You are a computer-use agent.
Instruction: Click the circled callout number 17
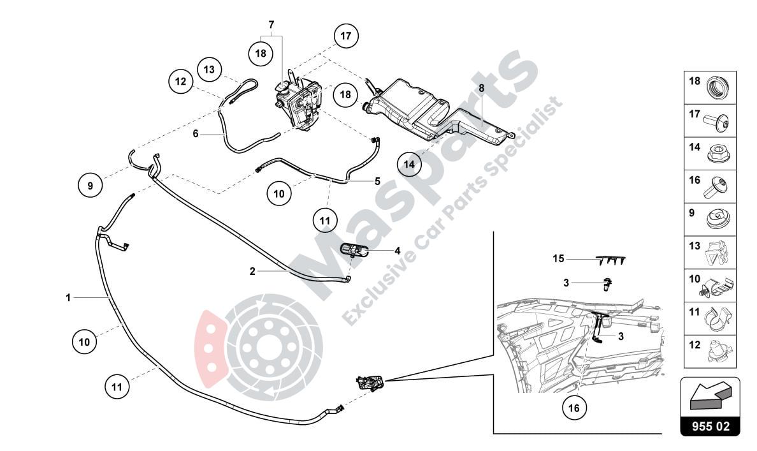tap(345, 36)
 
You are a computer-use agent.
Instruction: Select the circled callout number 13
tap(209, 68)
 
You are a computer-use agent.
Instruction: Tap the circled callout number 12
tap(181, 82)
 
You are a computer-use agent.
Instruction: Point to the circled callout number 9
tap(90, 186)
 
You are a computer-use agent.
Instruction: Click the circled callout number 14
tap(409, 164)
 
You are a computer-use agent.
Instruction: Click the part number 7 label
tap(271, 25)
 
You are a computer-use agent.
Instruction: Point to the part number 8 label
tap(482, 87)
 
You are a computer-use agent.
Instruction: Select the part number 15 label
tap(559, 259)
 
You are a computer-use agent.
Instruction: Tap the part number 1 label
tap(68, 297)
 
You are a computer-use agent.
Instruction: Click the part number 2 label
tap(252, 271)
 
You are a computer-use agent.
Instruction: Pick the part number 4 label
tap(397, 251)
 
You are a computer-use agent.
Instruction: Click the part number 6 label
tap(196, 133)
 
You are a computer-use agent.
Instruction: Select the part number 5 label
tap(377, 181)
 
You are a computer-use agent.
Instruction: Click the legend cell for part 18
tap(710, 87)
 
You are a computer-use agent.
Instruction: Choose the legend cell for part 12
tap(710, 351)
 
